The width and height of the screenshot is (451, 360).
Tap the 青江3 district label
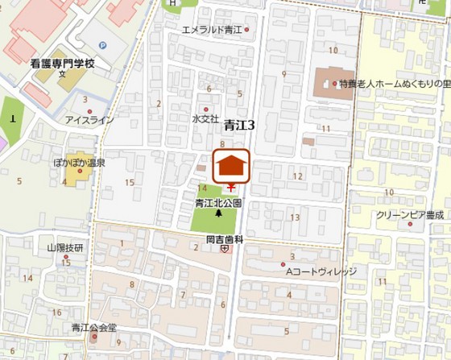(239, 125)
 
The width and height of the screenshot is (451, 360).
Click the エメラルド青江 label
(212, 30)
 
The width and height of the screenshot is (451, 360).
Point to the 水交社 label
(205, 118)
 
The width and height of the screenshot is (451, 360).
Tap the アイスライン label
(89, 120)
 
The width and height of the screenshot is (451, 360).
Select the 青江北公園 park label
(218, 204)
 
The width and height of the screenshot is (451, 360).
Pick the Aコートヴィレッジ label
(321, 271)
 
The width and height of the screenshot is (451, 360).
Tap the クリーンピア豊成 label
(410, 215)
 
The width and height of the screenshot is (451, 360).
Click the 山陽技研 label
(64, 247)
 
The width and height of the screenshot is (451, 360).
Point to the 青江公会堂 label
(94, 327)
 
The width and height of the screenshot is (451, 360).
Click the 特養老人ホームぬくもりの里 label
(391, 83)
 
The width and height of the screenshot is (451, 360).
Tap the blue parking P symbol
(101, 46)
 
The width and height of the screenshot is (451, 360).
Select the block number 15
(130, 182)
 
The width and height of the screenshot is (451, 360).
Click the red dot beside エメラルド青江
(247, 30)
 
